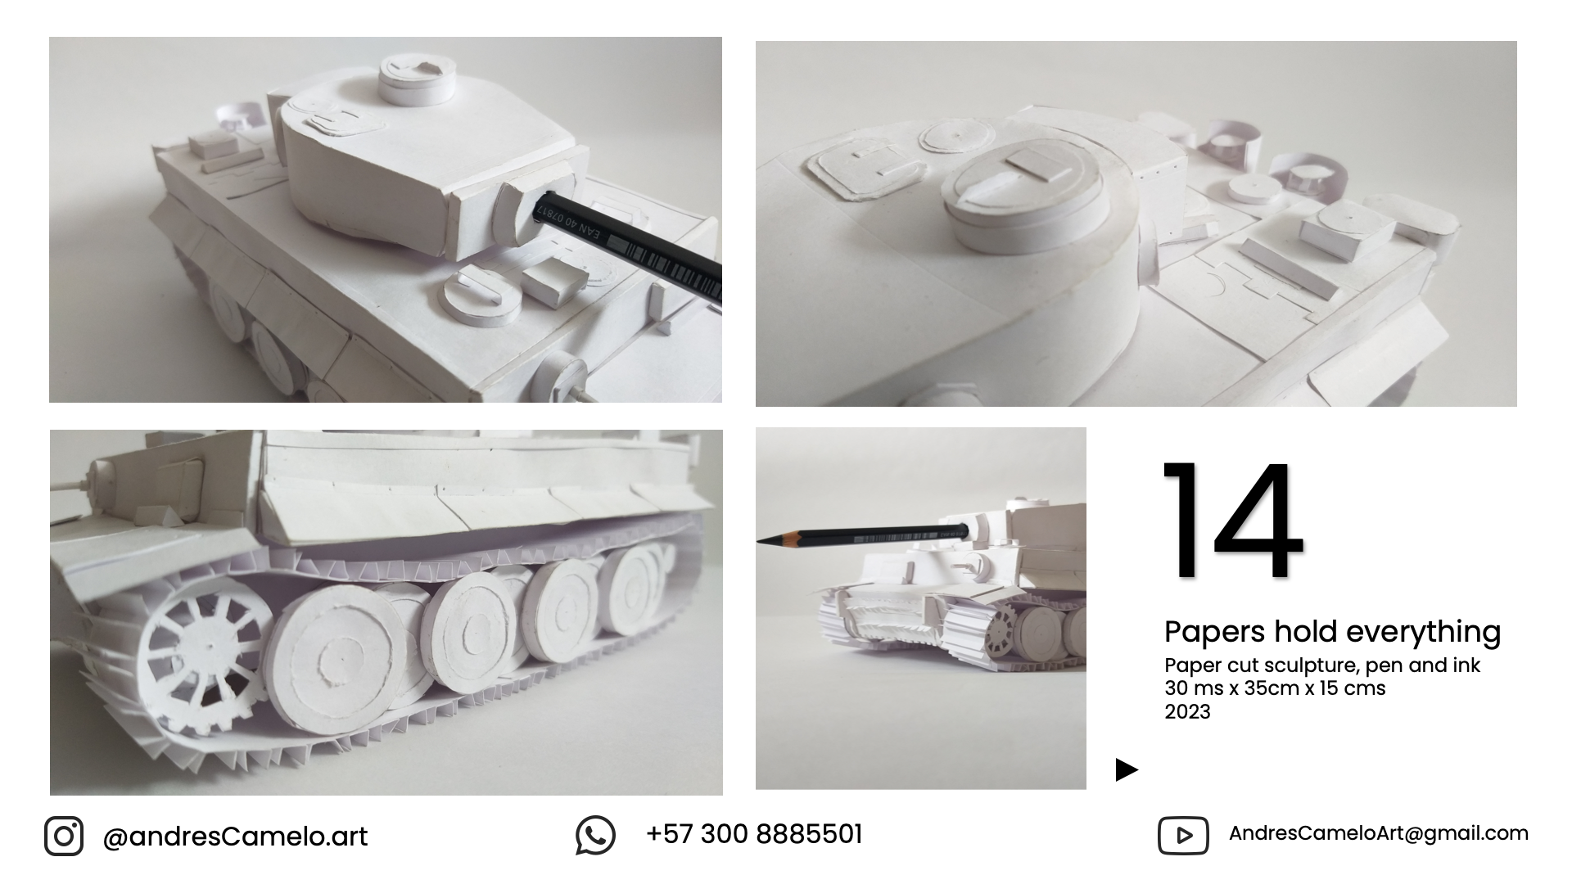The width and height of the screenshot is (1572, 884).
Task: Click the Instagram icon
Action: [64, 837]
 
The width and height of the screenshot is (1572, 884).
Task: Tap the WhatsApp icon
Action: [595, 836]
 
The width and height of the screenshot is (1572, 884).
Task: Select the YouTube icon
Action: [1183, 836]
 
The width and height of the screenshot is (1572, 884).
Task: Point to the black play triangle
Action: [1127, 769]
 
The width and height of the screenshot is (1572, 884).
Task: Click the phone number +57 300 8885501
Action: [754, 834]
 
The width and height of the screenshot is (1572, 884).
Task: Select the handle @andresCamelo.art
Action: [235, 837]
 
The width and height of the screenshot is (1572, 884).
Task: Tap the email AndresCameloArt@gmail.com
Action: [1379, 833]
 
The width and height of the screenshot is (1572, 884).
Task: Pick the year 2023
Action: [1187, 711]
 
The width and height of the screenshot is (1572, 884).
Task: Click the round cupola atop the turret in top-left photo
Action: [417, 78]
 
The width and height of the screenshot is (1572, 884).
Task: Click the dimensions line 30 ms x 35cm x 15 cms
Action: [1275, 688]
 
